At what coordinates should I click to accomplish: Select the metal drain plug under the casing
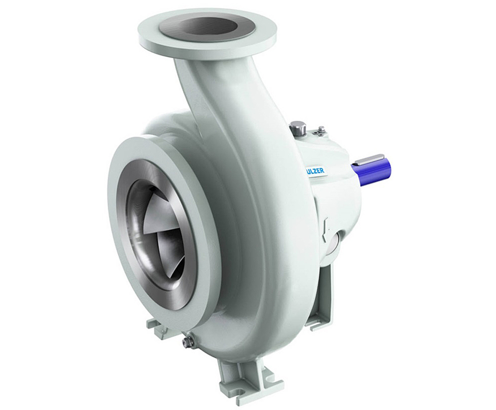coord(188,342)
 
